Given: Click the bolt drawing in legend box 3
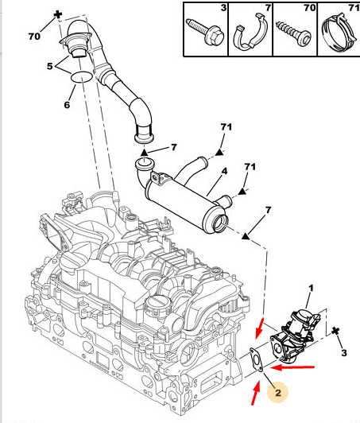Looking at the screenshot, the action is click(206, 32).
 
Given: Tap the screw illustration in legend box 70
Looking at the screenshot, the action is click(293, 33).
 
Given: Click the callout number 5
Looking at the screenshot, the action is click(49, 66).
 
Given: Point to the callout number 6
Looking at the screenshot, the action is click(67, 105).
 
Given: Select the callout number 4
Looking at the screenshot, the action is click(224, 171).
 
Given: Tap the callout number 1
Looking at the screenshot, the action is click(311, 288).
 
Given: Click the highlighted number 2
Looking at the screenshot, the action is click(278, 393).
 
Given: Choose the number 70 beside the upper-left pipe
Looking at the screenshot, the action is click(34, 36).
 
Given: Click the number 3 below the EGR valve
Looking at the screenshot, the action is click(344, 352).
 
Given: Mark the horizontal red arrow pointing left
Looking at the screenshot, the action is click(292, 367).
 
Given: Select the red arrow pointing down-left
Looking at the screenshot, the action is click(260, 328).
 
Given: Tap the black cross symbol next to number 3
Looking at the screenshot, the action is click(335, 331).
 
